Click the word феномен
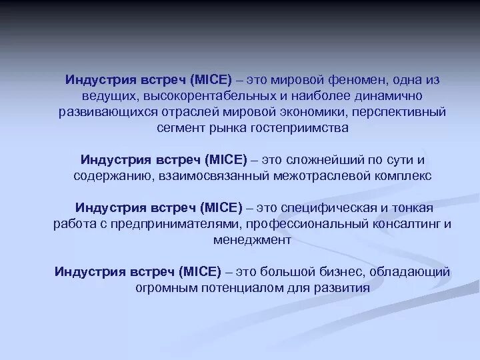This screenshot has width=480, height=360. [x=353, y=79]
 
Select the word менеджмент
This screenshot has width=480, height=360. [x=253, y=240]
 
